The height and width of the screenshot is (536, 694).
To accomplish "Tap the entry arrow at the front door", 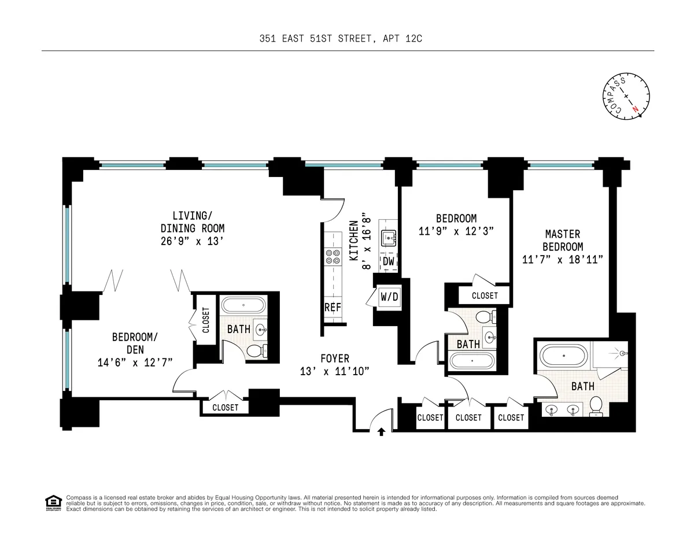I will point(381,431).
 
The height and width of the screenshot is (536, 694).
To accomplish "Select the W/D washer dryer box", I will point(389,297).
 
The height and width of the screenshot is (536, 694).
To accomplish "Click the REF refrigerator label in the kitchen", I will point(332,308).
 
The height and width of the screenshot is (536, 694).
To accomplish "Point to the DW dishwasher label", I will point(388,261).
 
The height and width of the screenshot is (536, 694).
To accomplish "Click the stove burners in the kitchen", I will point(333,256).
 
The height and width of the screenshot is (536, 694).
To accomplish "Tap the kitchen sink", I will point(388,236).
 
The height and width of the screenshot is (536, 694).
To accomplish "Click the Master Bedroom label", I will point(563,240).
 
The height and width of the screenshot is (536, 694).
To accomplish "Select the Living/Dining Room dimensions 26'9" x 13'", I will point(192,242).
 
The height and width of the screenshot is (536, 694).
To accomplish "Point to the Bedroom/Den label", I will point(134,343).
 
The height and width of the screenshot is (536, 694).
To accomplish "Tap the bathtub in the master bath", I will point(563,353).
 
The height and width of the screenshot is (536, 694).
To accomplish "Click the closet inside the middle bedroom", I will point(484,295).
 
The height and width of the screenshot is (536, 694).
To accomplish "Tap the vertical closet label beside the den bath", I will point(205,320).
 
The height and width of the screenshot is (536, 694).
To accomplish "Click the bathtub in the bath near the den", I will point(243,305).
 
